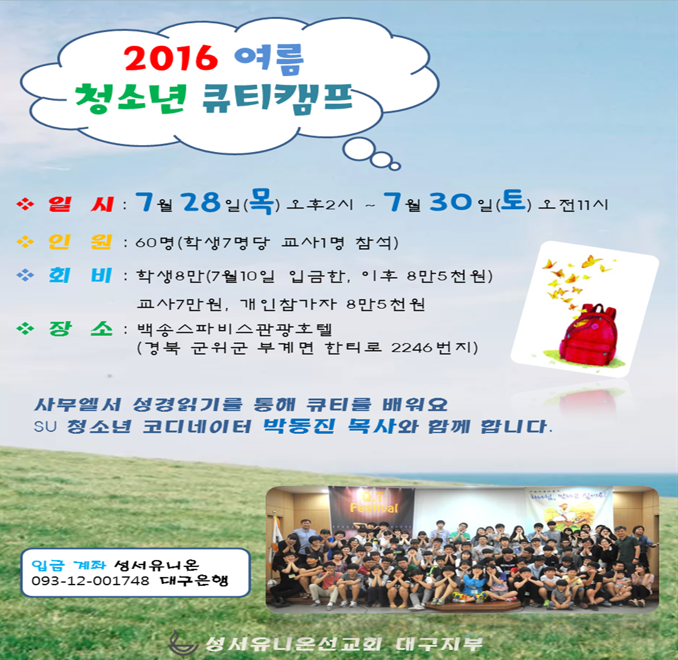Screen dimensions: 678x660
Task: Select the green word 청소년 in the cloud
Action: coord(131,98)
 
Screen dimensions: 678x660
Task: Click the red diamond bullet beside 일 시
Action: coord(25,204)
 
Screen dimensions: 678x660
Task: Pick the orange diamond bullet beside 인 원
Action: coord(25,242)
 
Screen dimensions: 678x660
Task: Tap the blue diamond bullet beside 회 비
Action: coord(25,275)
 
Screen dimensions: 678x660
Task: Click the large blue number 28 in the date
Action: coord(201,202)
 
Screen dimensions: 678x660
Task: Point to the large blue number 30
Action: coord(451,202)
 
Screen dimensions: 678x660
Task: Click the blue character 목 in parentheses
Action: coord(262,201)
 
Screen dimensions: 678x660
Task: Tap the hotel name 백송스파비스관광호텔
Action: coord(234,330)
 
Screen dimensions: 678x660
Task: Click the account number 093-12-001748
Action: coord(90,581)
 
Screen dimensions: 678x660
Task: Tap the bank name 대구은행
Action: coord(194,580)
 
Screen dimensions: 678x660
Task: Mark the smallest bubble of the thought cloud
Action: coord(395,166)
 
